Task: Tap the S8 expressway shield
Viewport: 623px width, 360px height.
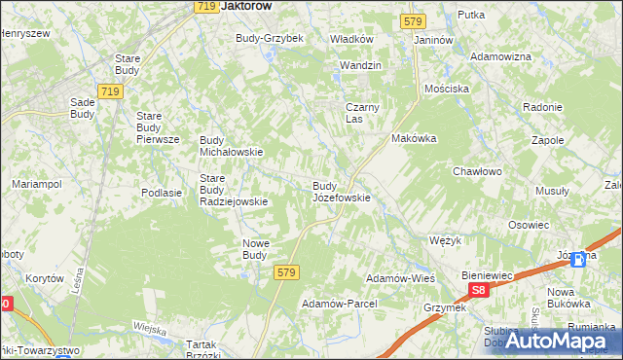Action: (477, 290)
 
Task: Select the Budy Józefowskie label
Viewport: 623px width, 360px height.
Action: (340, 192)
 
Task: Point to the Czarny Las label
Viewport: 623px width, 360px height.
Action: (362, 113)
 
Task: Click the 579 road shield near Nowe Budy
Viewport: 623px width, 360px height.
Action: (285, 273)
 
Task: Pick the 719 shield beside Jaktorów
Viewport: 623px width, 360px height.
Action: (204, 6)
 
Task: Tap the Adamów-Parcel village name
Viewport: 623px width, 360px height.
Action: (339, 304)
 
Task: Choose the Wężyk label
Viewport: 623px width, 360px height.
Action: (445, 238)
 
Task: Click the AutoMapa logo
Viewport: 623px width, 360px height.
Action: (564, 341)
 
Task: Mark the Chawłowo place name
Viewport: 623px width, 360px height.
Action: (476, 172)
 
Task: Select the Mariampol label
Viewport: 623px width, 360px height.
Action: (36, 184)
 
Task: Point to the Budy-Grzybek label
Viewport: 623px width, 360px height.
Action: (270, 39)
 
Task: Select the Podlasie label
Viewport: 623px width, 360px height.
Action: (162, 193)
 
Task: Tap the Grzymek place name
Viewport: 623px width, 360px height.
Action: (445, 307)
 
